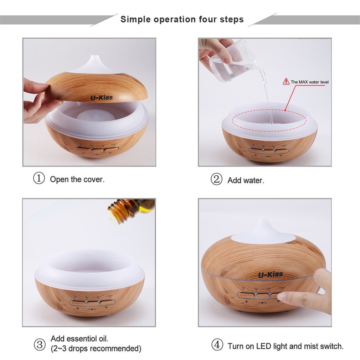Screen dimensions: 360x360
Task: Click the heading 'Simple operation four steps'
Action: click(182, 19)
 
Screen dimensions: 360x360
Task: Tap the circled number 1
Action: click(39, 178)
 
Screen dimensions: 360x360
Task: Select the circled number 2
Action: click(216, 179)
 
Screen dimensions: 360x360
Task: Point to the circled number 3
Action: click(39, 344)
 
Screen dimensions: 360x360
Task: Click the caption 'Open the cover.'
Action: click(77, 179)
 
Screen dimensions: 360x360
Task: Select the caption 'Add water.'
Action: click(246, 180)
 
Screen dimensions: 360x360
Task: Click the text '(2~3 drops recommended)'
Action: click(96, 349)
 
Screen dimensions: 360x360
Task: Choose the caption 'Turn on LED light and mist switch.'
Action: click(286, 346)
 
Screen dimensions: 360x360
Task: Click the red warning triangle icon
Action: click(286, 82)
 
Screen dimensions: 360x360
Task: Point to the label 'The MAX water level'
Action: click(309, 82)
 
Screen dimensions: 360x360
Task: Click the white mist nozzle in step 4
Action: click(264, 230)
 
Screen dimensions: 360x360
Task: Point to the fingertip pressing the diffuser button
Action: click(282, 297)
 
